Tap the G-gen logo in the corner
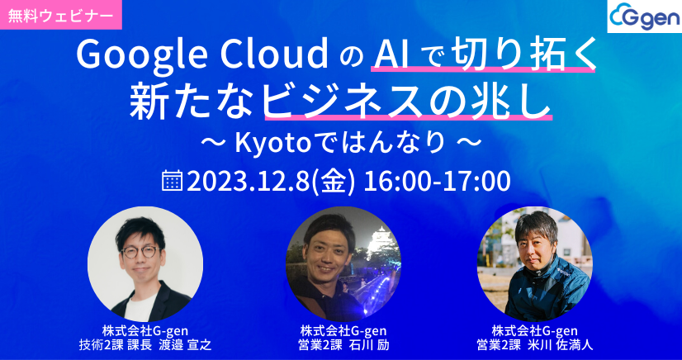[x=642, y=17]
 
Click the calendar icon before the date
[x=173, y=180]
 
